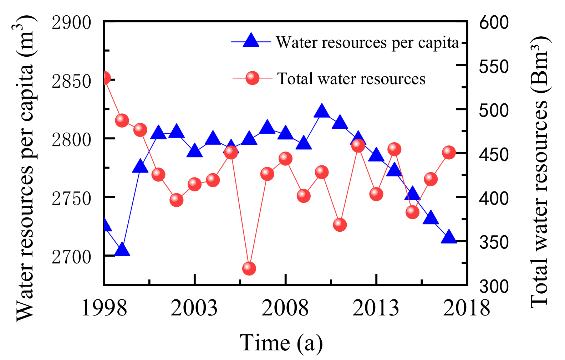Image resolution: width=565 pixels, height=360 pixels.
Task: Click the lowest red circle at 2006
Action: click(x=249, y=268)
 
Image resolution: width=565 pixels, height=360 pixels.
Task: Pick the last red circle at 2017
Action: click(x=449, y=153)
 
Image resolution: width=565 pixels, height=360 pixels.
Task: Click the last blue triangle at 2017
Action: click(x=449, y=238)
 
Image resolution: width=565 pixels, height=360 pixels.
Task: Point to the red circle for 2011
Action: click(x=340, y=225)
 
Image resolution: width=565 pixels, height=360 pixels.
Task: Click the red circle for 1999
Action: click(x=122, y=120)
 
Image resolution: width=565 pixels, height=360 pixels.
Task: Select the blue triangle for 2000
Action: click(x=140, y=168)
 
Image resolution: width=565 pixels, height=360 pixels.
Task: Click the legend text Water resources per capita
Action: click(x=367, y=43)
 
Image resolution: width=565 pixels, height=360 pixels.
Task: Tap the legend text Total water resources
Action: click(x=351, y=79)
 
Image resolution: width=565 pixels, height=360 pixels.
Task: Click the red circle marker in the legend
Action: click(x=252, y=78)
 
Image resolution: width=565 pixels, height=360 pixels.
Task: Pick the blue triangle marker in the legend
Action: click(x=252, y=41)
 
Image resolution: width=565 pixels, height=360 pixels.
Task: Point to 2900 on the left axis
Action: click(x=72, y=23)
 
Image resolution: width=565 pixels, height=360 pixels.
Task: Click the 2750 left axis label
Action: click(x=72, y=199)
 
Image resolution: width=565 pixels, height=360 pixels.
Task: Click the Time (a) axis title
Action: click(x=281, y=343)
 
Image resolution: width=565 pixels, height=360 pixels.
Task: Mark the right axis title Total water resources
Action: click(x=539, y=171)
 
